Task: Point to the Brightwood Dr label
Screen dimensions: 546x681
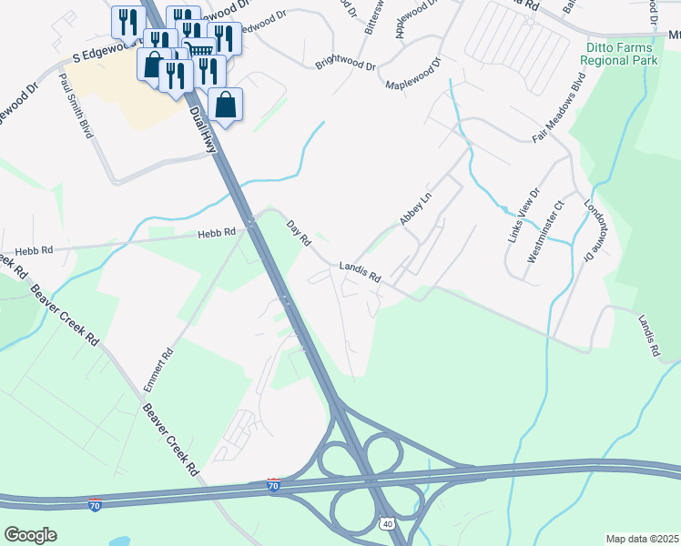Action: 345,65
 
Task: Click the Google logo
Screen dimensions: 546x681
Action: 30,535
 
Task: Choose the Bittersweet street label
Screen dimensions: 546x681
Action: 371,20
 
